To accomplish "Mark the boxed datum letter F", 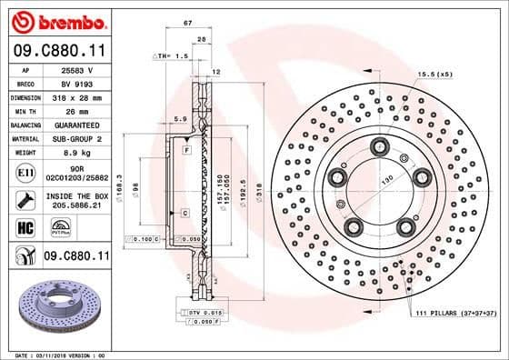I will click(x=186, y=148).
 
